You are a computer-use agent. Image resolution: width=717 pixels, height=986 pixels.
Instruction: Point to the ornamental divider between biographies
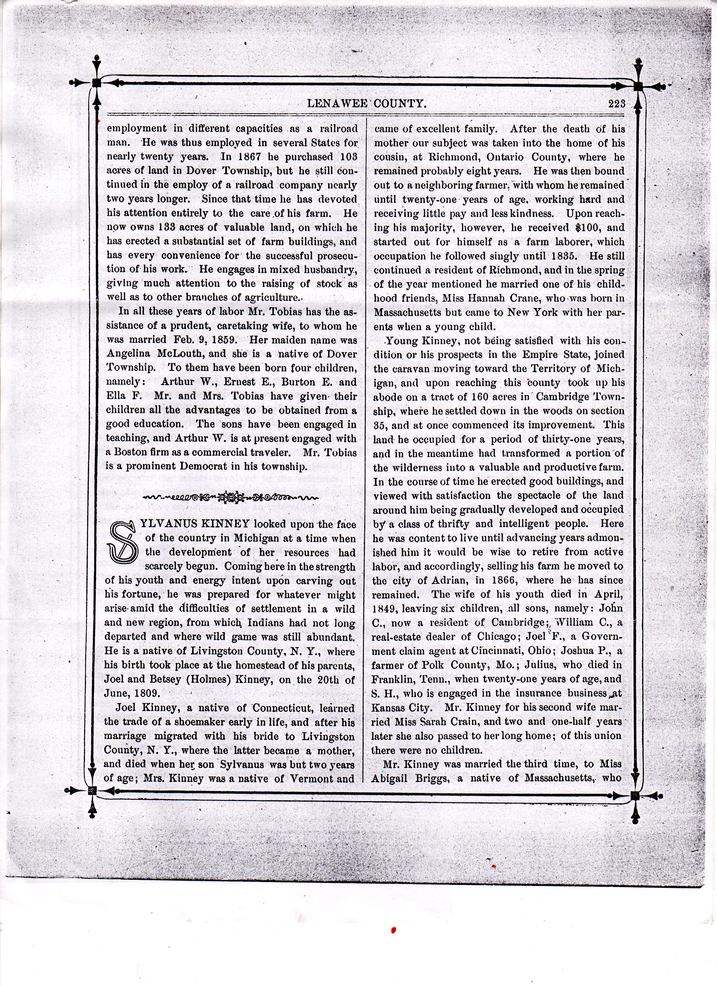[231, 496]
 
